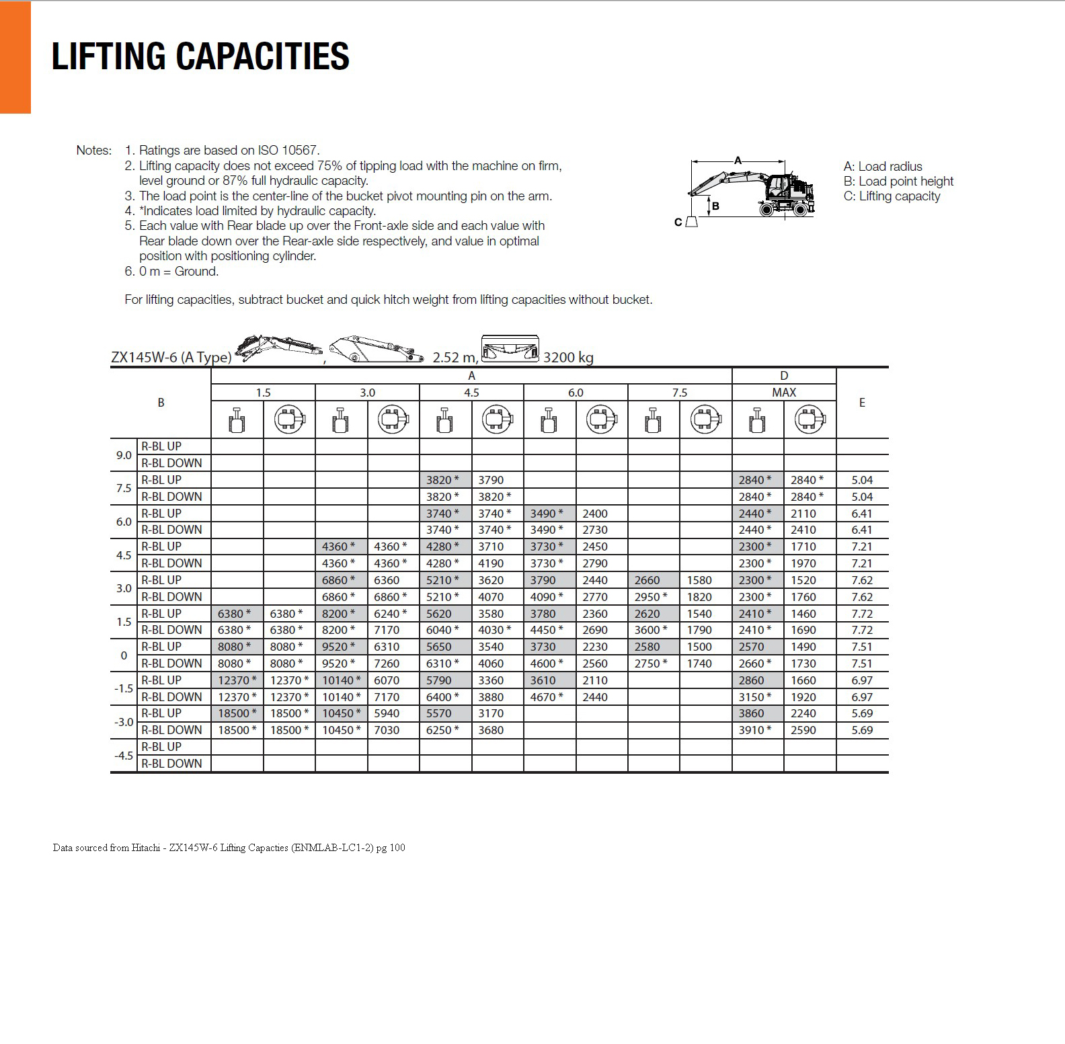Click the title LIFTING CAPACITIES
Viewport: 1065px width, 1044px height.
[200, 56]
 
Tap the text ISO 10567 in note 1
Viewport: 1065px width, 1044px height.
[288, 151]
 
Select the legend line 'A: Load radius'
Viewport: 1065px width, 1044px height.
[883, 167]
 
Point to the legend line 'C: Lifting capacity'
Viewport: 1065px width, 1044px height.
[892, 196]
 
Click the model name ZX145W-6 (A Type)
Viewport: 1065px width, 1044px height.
[171, 358]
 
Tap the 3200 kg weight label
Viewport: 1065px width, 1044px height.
[568, 358]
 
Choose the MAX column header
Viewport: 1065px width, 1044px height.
[784, 393]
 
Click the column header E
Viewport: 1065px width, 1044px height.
[862, 403]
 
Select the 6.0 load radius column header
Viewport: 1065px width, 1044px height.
[576, 393]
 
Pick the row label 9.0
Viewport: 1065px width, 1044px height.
[124, 455]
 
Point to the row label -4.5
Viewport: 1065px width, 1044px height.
[124, 756]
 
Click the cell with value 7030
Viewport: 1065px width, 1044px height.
[387, 730]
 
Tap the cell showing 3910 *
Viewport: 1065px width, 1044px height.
[755, 730]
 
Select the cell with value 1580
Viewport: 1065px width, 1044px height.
[699, 580]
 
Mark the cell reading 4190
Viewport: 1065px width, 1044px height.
[491, 563]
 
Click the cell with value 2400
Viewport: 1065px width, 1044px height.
[595, 514]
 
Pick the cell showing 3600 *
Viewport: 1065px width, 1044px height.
[651, 630]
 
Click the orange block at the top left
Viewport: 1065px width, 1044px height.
[15, 57]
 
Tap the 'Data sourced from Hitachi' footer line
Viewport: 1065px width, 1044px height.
[229, 848]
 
